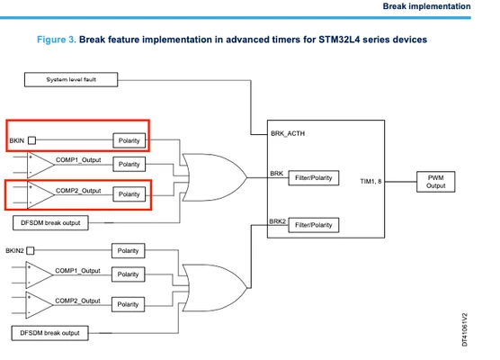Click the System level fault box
click(71, 79)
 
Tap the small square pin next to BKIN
click(31, 140)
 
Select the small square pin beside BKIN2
click(31, 250)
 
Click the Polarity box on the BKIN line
click(129, 140)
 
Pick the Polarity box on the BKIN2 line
click(128, 250)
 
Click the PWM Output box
click(435, 182)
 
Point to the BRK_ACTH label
click(288, 133)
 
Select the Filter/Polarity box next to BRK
click(314, 178)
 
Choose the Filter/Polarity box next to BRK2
click(314, 225)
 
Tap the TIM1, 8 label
click(371, 181)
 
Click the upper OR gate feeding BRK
click(214, 177)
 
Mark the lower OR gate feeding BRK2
click(214, 288)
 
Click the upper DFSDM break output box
click(50, 223)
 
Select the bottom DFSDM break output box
click(49, 333)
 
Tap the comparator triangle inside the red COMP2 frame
click(40, 194)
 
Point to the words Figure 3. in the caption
click(57, 40)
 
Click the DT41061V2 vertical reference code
click(465, 329)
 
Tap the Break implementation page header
click(426, 6)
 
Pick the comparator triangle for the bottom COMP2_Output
click(40, 305)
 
